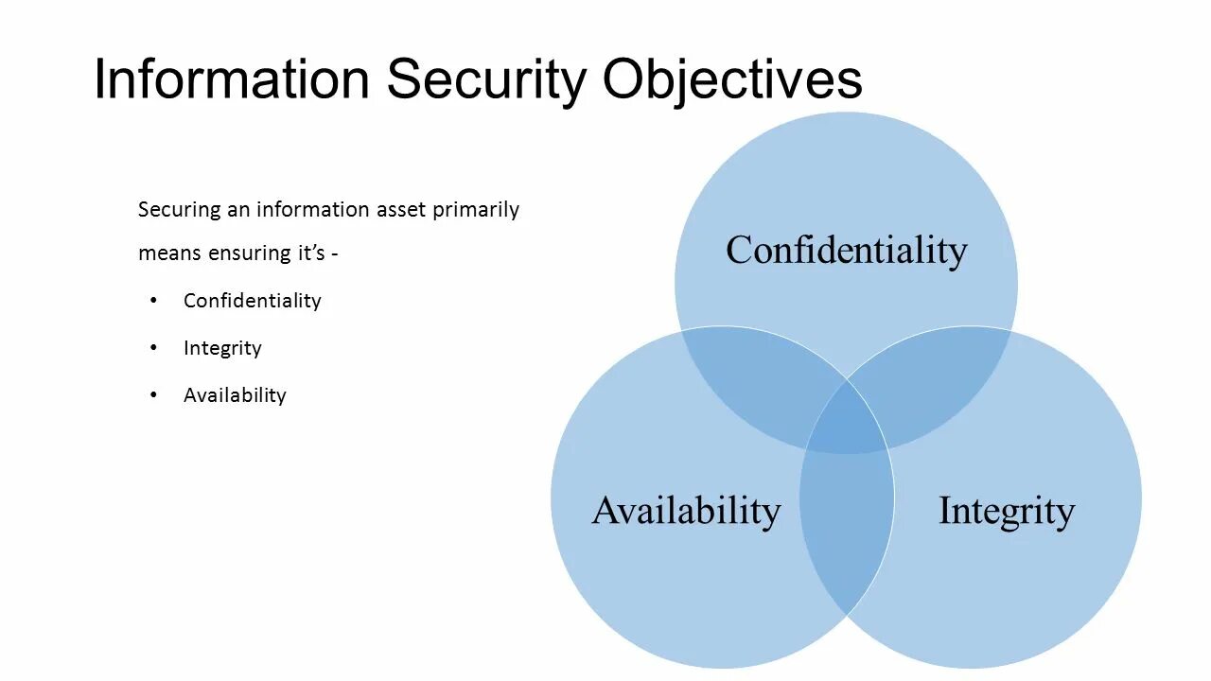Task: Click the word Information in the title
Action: [x=231, y=79]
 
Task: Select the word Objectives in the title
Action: [x=732, y=79]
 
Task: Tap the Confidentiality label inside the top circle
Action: [x=846, y=251]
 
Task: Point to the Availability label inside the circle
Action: [x=686, y=511]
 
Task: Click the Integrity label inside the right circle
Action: [x=1006, y=511]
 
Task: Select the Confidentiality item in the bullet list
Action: [x=252, y=301]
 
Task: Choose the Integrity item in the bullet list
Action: [x=222, y=348]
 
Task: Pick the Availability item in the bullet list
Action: [x=235, y=395]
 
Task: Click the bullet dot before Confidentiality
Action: [x=154, y=301]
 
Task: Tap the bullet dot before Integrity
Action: [x=154, y=348]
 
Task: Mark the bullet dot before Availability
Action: [x=154, y=395]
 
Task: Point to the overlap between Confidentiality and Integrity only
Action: [x=932, y=378]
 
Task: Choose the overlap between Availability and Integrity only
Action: [x=847, y=530]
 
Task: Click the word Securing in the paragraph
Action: [x=179, y=210]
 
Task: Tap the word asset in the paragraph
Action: [x=401, y=210]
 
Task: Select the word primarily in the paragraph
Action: [x=476, y=210]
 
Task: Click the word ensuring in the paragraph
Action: [x=248, y=253]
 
